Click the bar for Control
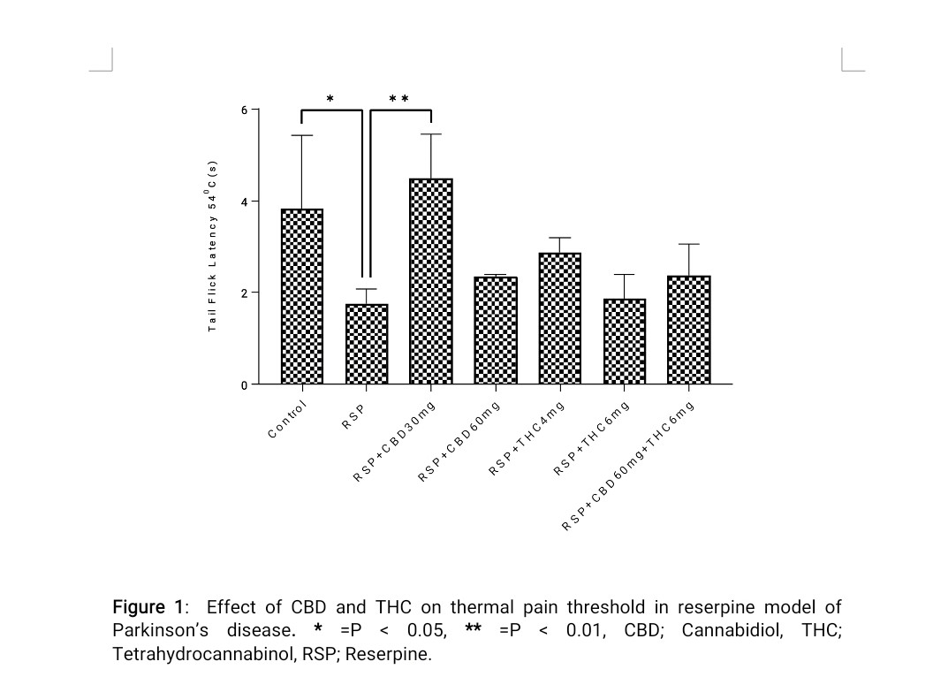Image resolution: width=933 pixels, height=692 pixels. [302, 296]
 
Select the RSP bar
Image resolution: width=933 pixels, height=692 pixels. [367, 344]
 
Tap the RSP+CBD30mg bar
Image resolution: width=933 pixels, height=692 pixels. [431, 281]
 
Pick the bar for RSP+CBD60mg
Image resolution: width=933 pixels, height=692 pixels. [496, 331]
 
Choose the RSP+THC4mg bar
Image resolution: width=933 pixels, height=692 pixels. [560, 318]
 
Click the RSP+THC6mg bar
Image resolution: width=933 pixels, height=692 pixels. [625, 341]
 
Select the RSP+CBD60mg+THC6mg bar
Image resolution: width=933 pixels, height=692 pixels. [689, 330]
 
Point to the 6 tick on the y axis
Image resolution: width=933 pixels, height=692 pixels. [245, 110]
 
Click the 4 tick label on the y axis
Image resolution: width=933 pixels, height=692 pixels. [245, 202]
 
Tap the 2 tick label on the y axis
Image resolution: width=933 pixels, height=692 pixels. [245, 293]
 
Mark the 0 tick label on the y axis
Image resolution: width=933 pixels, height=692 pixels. [245, 384]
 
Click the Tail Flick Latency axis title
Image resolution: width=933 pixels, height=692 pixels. [212, 247]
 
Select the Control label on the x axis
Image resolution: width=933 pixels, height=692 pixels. [287, 420]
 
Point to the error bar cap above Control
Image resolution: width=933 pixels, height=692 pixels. [302, 135]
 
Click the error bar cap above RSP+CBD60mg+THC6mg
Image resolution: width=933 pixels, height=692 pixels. [689, 244]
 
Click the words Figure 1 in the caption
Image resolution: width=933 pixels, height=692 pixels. [149, 607]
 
